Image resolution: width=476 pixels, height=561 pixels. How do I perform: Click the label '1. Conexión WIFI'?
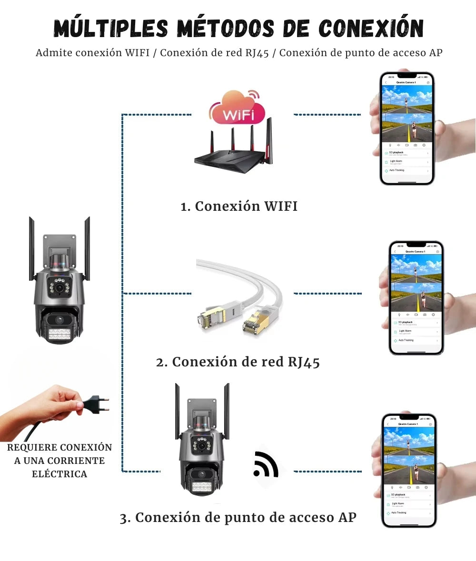(239, 207)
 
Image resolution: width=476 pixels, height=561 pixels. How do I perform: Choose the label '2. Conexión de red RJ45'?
(238, 362)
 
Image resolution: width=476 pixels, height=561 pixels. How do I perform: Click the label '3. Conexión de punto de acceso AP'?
(238, 518)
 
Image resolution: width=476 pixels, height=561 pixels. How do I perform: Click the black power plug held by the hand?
(98, 404)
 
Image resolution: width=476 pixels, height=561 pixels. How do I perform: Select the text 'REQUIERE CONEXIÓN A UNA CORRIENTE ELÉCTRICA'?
(59, 461)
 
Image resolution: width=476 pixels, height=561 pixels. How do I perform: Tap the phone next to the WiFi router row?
(407, 128)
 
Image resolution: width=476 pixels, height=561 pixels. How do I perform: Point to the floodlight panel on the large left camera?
(59, 333)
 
